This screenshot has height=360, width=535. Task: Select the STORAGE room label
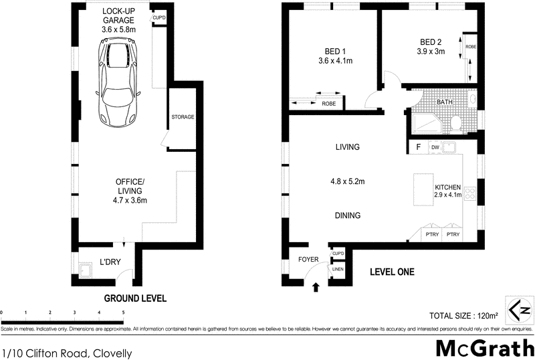183,117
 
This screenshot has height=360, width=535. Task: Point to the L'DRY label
110,262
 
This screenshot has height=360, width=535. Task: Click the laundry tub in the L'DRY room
86,270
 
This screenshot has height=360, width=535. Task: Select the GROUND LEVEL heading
134,298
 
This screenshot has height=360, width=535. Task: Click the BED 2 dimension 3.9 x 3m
431,51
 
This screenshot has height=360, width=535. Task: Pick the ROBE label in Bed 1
328,104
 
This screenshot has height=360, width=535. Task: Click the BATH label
444,102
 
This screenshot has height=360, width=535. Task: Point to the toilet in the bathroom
455,123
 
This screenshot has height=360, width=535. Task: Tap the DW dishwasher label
435,147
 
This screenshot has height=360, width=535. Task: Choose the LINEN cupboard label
338,269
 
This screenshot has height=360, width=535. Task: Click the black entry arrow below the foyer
316,287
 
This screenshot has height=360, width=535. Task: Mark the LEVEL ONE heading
392,272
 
